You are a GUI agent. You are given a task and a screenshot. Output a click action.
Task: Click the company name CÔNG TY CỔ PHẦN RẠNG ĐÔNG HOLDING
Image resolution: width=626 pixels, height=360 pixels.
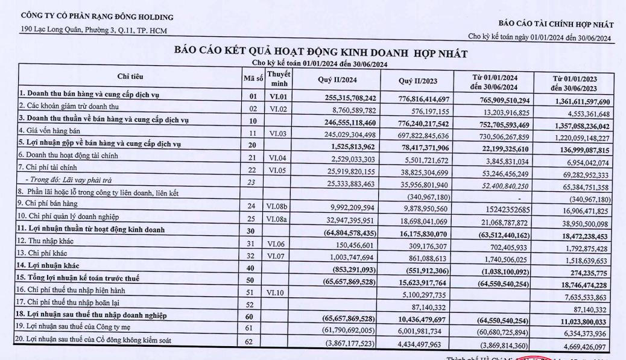pos(96,17)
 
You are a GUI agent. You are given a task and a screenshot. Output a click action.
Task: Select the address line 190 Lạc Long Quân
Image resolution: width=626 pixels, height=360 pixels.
pos(94,31)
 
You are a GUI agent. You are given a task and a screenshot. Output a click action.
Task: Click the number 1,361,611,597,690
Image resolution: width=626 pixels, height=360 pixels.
pos(579,102)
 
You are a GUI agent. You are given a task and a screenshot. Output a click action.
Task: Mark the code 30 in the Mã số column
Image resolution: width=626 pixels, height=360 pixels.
pos(253,231)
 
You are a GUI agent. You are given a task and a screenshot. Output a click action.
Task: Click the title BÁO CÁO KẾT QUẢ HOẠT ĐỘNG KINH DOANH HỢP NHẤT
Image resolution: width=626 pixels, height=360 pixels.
pos(321,53)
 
